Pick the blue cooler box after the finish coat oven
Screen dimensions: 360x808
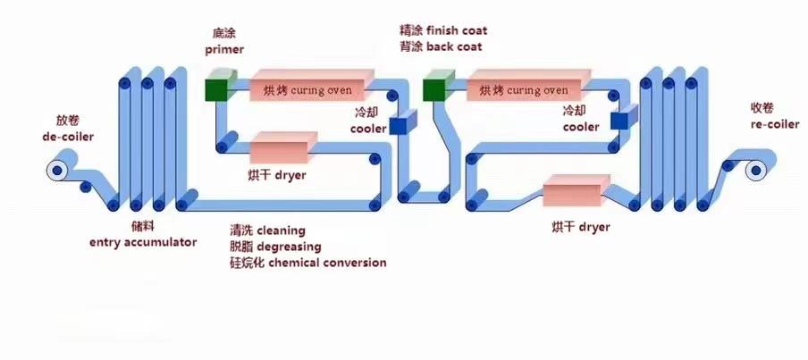tap(619, 121)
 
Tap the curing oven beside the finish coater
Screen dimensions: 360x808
tap(523, 88)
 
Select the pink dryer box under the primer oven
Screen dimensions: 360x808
tap(283, 146)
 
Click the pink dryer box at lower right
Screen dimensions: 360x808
tap(573, 192)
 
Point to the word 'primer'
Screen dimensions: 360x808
tap(223, 50)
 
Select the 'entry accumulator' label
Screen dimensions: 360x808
tap(143, 242)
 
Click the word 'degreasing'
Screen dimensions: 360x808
tap(289, 246)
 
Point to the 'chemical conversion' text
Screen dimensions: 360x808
tap(327, 263)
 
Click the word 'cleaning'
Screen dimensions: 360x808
tap(282, 230)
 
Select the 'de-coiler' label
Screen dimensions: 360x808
tap(67, 136)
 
